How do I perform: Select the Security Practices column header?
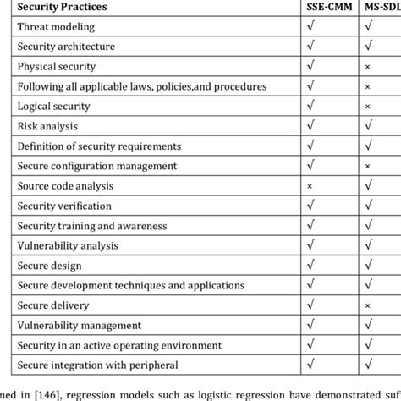[60, 7]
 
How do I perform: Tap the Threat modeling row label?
[57, 26]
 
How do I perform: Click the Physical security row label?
[57, 66]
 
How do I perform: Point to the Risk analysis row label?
[50, 126]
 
